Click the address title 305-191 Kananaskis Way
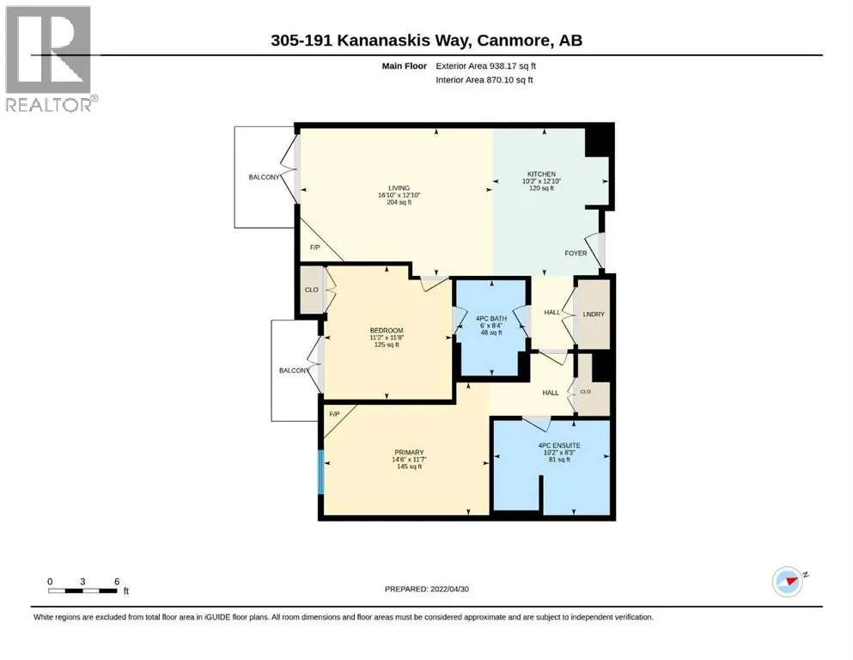click(x=426, y=40)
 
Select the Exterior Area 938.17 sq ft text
click(x=486, y=66)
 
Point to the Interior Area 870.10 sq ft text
click(x=484, y=80)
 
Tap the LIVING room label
click(x=399, y=188)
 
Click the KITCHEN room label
click(x=541, y=174)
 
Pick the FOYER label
click(x=576, y=254)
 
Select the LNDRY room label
click(x=594, y=315)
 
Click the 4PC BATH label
click(x=491, y=319)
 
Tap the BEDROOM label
click(x=387, y=331)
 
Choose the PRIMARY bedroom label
click(x=409, y=453)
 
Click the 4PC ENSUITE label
click(x=559, y=446)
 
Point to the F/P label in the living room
click(x=315, y=247)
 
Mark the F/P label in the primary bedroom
click(x=334, y=414)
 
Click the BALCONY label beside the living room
click(x=264, y=177)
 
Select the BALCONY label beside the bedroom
click(x=295, y=370)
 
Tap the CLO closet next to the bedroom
click(x=312, y=290)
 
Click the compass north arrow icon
click(x=789, y=582)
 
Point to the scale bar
click(x=82, y=590)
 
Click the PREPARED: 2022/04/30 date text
click(x=426, y=590)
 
